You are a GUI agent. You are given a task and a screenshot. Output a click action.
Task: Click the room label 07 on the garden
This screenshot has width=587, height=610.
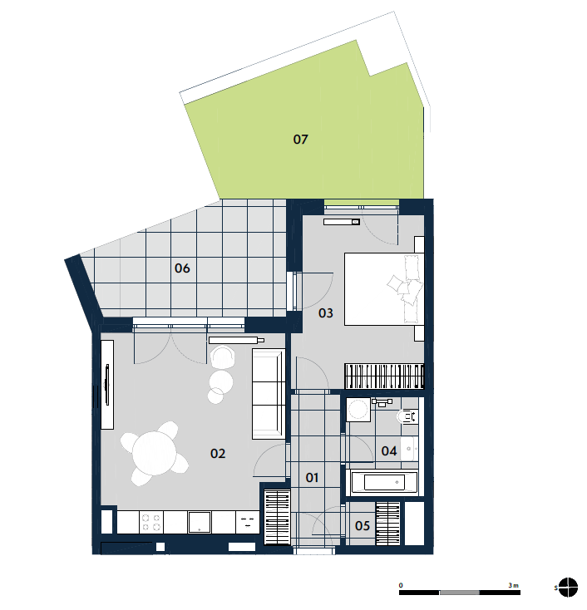[300, 140]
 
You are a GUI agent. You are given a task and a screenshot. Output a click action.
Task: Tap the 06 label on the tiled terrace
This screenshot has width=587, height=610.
[182, 268]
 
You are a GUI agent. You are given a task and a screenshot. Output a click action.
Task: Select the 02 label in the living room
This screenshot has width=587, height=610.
[218, 453]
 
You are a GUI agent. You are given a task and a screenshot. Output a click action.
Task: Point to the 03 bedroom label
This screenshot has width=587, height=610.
[326, 312]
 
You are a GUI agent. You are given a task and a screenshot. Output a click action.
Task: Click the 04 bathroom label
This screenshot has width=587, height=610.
[389, 451]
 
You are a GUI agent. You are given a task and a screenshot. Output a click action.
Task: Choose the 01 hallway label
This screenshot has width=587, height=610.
[312, 477]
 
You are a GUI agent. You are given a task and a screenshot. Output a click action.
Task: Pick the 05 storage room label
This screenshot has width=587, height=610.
[363, 526]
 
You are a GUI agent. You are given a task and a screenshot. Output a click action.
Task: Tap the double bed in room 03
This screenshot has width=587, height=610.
[384, 289]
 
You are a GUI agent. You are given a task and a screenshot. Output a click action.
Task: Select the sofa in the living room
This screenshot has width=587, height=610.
[269, 394]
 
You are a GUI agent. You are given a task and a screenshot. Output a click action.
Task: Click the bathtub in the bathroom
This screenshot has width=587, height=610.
[384, 482]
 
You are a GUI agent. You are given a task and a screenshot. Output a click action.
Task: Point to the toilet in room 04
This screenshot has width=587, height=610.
[407, 416]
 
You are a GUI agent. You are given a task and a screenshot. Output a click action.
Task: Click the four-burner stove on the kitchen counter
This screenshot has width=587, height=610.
[151, 522]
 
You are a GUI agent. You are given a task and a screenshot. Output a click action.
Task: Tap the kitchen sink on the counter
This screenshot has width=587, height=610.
[200, 522]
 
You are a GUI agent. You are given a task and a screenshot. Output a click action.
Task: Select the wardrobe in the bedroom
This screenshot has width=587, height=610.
[384, 376]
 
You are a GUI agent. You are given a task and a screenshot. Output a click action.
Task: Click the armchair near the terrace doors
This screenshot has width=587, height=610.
[223, 357]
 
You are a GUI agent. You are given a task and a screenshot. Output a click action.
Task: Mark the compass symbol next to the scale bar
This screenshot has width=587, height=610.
[568, 588]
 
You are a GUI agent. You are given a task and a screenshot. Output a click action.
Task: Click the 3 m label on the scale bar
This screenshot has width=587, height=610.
[514, 585]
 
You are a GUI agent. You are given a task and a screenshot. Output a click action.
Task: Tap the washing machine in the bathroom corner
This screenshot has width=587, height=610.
[358, 409]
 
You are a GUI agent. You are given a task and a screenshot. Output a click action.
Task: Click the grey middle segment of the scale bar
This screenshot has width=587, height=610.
[459, 593]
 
